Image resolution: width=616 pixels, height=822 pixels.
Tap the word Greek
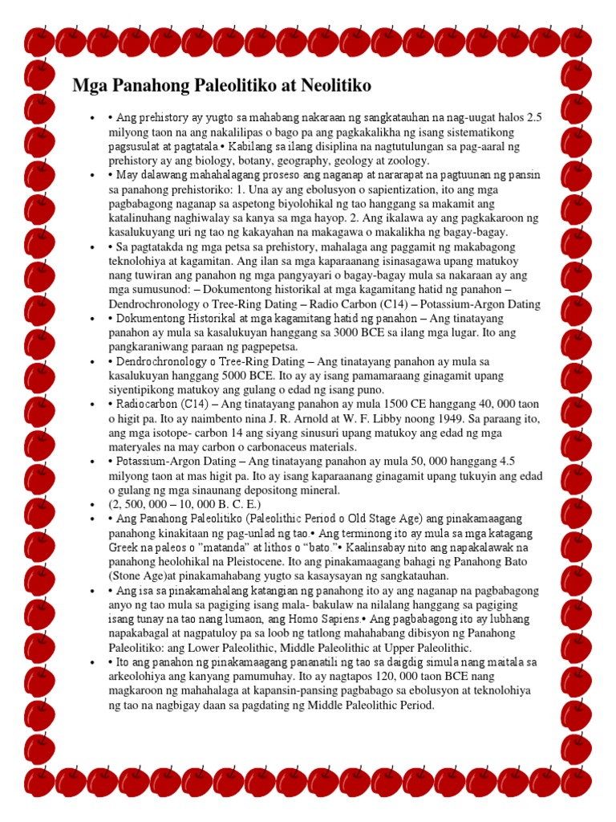coord(124,535)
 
